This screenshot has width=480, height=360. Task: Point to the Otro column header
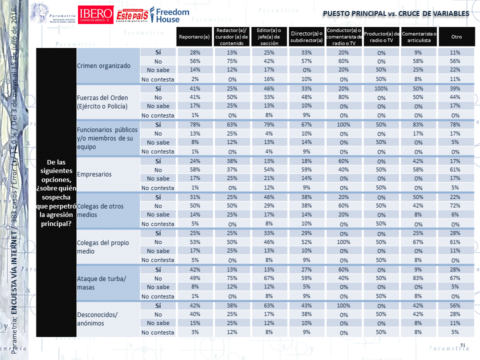456,37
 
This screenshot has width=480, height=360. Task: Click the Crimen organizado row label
103,65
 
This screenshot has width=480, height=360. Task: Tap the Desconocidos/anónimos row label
97,318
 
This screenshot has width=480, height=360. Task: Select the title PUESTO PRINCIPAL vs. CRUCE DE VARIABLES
396,13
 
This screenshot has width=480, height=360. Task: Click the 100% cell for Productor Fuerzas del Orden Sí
381,89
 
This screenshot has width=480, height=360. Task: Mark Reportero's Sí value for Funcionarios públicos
195,125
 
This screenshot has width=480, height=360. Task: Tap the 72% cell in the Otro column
455,206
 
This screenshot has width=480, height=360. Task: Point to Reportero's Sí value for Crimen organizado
195,52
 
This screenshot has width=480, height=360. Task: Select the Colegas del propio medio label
103,246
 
